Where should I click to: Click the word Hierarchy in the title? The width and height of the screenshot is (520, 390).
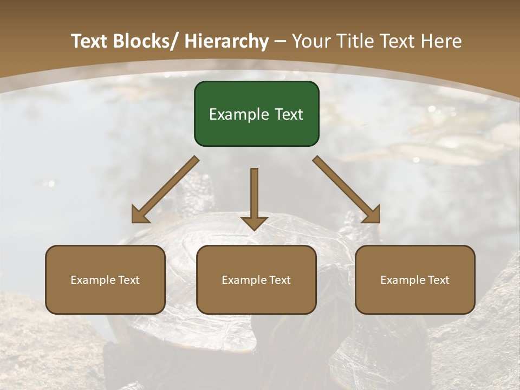(226, 41)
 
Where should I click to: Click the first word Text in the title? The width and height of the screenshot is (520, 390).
(89, 41)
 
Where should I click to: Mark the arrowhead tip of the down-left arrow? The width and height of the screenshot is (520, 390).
(133, 222)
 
